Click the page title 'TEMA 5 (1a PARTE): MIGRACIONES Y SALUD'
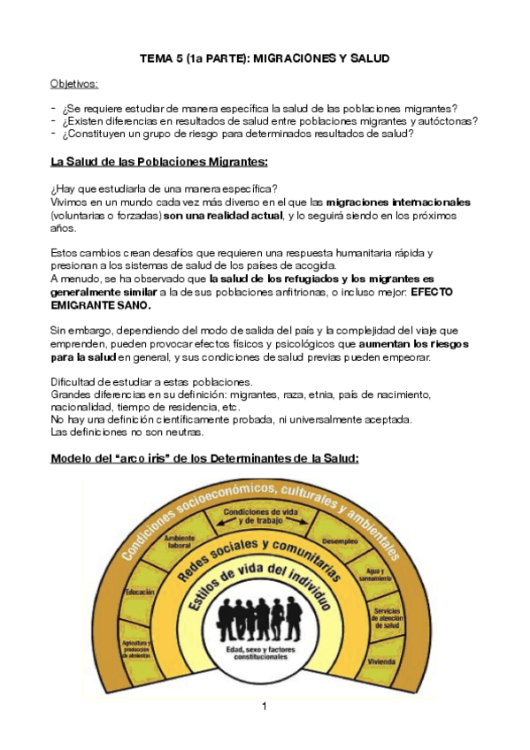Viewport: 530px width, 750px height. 265,58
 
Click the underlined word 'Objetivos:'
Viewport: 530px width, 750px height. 74,83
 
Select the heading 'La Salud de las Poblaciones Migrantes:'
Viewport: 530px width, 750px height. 159,162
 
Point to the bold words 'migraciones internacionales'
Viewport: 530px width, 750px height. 398,203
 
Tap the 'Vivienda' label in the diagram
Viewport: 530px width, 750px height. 382,660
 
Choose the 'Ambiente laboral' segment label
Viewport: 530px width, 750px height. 180,543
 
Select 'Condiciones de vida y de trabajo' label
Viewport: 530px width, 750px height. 259,516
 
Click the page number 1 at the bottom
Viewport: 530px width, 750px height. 264,706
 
